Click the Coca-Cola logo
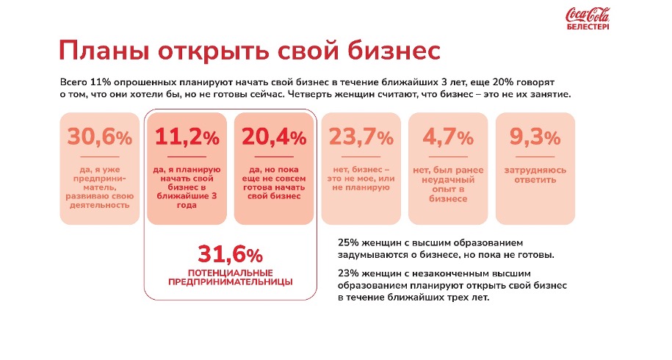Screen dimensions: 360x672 click(x=587, y=15)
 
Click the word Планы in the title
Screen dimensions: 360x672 click(x=105, y=51)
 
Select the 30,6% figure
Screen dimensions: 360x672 click(x=99, y=137)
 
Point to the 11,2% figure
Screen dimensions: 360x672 click(x=187, y=137)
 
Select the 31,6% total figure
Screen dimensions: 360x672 click(x=230, y=255)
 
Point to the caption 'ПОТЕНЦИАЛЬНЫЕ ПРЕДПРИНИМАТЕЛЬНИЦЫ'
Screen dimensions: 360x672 click(x=230, y=277)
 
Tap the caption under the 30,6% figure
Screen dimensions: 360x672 click(x=99, y=187)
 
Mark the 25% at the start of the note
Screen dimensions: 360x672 click(x=347, y=242)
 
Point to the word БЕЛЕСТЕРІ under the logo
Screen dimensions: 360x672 click(x=588, y=27)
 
